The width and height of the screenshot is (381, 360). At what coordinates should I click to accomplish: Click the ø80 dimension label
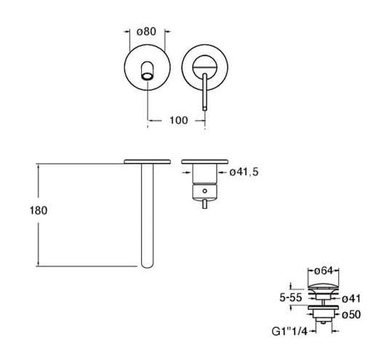point(146,31)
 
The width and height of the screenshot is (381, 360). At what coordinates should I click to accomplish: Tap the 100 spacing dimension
point(179,120)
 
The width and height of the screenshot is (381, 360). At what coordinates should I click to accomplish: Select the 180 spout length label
point(39,210)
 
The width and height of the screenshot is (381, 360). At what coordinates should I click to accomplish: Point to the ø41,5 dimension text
point(244,172)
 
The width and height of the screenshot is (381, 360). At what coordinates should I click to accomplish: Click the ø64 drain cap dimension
point(324,271)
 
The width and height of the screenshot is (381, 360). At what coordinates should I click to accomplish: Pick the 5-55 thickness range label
point(291,297)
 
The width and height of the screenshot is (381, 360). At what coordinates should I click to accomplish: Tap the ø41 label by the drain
point(351,299)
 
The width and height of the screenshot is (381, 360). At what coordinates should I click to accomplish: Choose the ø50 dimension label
point(351,315)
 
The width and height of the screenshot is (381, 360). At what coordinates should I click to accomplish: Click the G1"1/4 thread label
point(289,331)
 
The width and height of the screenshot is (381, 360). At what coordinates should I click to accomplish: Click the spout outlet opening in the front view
point(148,76)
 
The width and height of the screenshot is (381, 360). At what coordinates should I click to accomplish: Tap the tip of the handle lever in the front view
point(204,109)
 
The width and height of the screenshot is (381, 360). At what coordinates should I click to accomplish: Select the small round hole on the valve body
point(205,191)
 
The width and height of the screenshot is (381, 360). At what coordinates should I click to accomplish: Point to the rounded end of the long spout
point(148,265)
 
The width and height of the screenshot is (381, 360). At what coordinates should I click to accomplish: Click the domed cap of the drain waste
point(324,286)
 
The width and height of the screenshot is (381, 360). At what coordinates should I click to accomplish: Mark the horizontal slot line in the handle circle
point(204,67)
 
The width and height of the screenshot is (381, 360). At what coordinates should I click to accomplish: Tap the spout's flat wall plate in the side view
point(148,161)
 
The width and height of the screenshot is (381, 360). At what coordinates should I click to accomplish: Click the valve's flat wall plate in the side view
point(204,161)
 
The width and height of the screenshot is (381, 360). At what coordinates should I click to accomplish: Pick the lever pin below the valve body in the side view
point(205,204)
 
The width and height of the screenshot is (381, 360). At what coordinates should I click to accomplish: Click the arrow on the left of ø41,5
point(187,172)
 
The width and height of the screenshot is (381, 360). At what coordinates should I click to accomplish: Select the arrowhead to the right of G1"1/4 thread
point(335,331)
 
